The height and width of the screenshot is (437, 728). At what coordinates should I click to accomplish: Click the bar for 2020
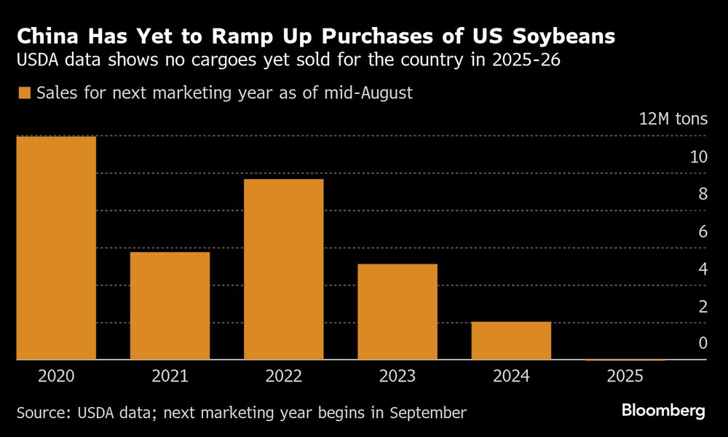(x=56, y=248)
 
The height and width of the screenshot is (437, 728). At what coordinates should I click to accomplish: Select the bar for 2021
(x=170, y=305)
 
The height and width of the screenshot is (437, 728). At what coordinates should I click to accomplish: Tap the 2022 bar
(x=284, y=269)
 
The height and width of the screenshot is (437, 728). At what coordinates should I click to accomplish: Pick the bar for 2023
(x=397, y=311)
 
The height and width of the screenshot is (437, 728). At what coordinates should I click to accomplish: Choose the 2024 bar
(x=511, y=340)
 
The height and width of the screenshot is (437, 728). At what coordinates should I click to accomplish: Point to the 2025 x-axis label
(x=625, y=377)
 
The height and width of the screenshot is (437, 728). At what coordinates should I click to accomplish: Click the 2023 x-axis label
(x=397, y=377)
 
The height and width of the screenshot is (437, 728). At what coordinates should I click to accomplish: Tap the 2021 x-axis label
(x=170, y=377)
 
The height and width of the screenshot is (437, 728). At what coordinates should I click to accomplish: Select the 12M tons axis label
(x=673, y=119)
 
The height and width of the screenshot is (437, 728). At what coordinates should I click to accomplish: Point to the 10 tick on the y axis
(x=697, y=157)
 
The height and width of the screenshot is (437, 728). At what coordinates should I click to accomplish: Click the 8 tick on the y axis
(x=702, y=194)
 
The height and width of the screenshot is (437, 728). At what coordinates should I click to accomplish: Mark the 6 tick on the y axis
(x=702, y=232)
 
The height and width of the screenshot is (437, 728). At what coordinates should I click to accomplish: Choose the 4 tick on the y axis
(x=702, y=269)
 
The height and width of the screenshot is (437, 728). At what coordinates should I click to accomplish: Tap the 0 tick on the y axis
(x=702, y=343)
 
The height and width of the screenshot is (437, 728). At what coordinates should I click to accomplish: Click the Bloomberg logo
(x=663, y=411)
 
